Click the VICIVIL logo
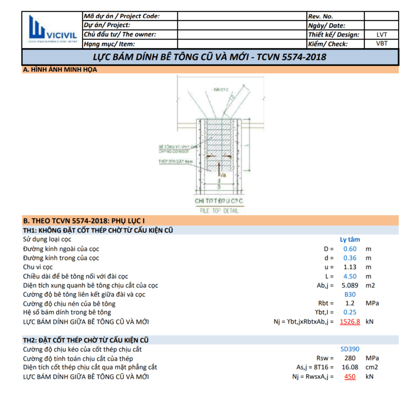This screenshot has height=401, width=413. coord(52,29)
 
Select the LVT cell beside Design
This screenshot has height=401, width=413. coord(382,35)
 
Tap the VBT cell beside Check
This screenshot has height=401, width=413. coord(382,44)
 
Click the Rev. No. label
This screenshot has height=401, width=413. coord(321,16)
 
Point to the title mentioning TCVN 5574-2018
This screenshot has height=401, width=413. coord(209,56)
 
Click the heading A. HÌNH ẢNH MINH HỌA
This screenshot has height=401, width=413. coord(60,70)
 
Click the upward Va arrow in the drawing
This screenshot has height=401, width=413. coord(219,170)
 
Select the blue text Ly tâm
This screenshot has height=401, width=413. coord(350,239)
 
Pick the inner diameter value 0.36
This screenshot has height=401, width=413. coord(350,258)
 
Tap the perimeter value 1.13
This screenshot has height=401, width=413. coord(350,267)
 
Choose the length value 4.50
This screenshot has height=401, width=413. coord(350,276)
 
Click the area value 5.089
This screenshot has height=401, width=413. coord(350,285)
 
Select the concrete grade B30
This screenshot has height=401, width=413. coord(350,295)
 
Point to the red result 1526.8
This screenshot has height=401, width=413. coord(350,322)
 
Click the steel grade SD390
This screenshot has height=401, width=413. coord(350,349)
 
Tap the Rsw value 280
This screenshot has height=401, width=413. coord(350,358)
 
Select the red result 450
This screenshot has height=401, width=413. coord(350,377)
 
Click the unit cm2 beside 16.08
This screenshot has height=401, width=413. coord(372,367)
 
